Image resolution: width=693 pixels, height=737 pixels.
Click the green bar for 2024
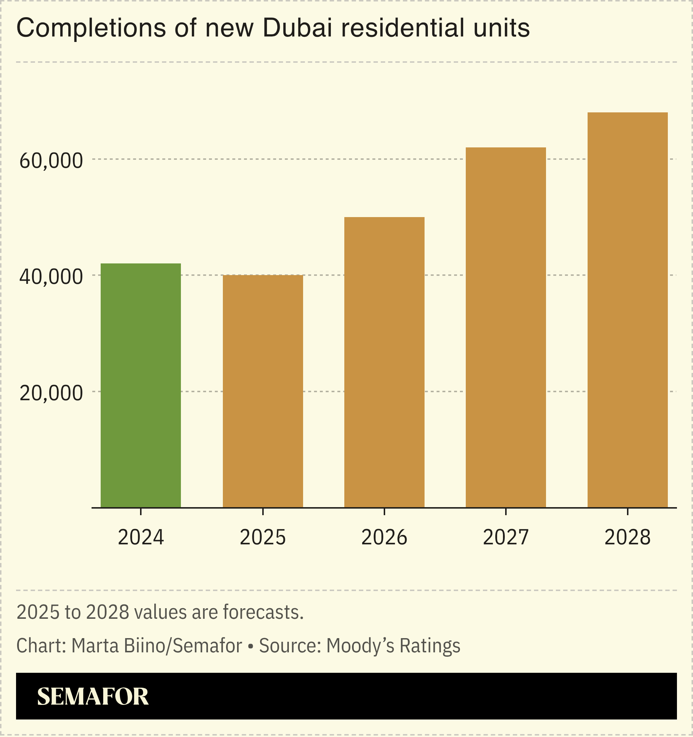[x=141, y=386]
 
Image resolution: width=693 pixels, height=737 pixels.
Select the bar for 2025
[x=263, y=391]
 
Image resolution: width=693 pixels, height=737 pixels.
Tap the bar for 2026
[x=384, y=362]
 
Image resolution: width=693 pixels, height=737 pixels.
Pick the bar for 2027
[x=506, y=327]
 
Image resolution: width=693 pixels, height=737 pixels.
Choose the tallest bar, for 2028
[x=627, y=310]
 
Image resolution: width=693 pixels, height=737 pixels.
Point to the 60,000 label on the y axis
[x=51, y=161]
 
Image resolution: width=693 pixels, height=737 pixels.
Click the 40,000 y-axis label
[x=51, y=277]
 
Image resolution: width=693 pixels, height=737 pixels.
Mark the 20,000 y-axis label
[x=51, y=393]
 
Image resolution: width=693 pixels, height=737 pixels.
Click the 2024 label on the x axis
[x=141, y=537]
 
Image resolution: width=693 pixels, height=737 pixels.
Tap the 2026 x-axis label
[x=384, y=537]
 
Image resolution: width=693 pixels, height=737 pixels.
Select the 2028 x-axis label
[x=627, y=537]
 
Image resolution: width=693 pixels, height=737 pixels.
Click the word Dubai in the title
[x=298, y=28]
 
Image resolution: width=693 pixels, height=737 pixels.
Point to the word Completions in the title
[x=91, y=28]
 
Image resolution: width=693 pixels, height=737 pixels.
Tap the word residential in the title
[x=402, y=28]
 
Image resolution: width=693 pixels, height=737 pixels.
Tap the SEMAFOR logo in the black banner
[x=93, y=696]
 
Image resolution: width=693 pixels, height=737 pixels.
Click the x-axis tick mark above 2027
[x=506, y=512]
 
